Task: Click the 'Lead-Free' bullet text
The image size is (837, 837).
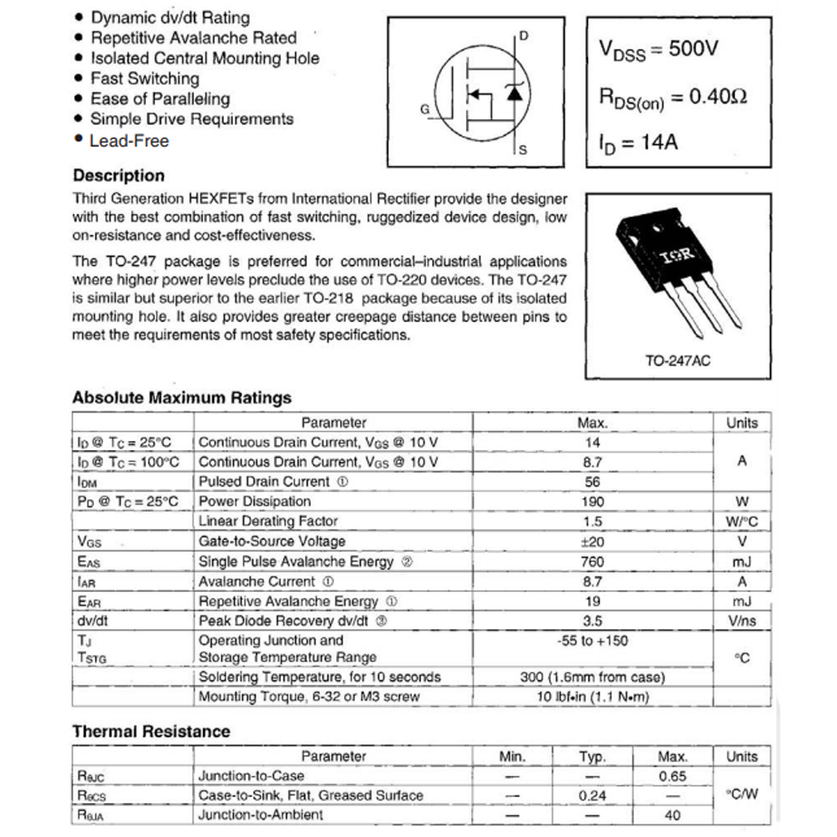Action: click(129, 141)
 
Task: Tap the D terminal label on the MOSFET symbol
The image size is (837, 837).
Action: click(524, 36)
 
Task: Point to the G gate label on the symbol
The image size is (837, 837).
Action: click(425, 110)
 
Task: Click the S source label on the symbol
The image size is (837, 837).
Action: click(523, 150)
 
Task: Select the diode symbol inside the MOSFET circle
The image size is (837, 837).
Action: click(515, 93)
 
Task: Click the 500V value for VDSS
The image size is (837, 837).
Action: click(693, 49)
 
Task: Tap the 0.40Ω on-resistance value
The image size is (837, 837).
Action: click(718, 96)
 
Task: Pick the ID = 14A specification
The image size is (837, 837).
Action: click(638, 143)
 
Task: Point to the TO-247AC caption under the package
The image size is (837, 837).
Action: click(677, 361)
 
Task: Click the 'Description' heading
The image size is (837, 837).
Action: click(119, 176)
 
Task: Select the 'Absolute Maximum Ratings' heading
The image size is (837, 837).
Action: click(181, 398)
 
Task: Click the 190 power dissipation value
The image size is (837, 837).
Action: click(593, 502)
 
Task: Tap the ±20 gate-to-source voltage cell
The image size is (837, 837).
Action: click(593, 542)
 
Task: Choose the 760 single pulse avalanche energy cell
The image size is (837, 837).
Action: click(593, 561)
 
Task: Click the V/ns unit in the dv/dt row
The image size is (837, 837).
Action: click(741, 621)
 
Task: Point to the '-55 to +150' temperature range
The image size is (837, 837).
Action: click(593, 640)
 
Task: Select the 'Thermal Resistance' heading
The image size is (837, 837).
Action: click(151, 732)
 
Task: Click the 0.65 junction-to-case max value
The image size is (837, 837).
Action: click(672, 776)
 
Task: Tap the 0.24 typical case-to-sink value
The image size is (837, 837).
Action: click(592, 796)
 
